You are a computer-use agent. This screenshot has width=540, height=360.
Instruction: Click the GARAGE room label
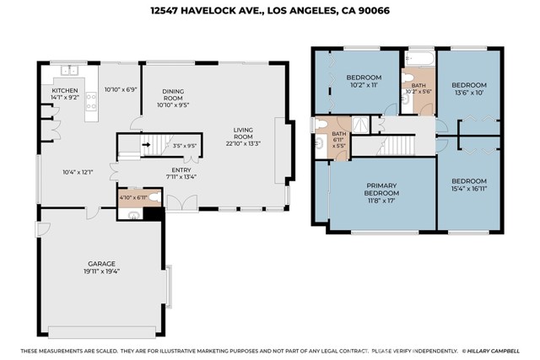[101, 264]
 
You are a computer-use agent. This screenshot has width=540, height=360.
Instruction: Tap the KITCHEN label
[65, 90]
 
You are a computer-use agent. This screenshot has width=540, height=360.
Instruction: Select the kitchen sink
[69, 70]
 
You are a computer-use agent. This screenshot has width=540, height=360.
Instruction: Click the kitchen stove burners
[91, 101]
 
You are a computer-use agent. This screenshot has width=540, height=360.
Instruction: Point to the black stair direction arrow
[146, 144]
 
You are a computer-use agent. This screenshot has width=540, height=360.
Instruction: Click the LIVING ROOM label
[243, 133]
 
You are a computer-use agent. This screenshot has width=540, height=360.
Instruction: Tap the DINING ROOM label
[173, 94]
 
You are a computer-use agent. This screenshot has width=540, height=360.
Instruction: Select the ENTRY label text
[181, 170]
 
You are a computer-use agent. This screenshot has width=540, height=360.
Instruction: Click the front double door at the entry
[182, 202]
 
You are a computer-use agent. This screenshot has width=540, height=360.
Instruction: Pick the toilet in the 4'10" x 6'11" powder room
[155, 197]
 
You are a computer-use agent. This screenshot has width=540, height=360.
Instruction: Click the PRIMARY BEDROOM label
[381, 190]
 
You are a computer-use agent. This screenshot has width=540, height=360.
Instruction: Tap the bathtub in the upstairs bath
[420, 58]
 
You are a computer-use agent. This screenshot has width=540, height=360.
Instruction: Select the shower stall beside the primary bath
[360, 124]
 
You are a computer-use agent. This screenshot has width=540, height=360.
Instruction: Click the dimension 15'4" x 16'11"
[469, 188]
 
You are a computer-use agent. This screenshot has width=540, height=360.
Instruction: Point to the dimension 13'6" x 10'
[469, 92]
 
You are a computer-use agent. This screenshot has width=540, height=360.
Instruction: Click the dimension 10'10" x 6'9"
[121, 89]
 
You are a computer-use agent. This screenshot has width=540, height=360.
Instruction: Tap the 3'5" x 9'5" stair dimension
[185, 146]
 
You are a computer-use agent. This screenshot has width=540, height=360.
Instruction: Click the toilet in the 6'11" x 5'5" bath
[321, 124]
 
